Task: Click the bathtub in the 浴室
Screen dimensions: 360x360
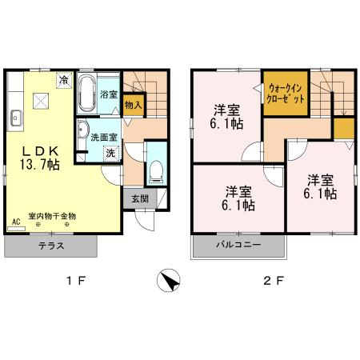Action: (x=87, y=93)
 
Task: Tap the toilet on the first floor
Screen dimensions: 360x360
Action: (x=156, y=171)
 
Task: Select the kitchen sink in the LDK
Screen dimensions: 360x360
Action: (x=16, y=118)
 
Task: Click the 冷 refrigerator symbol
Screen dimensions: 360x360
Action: (x=64, y=80)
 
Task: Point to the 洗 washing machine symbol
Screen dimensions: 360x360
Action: (x=111, y=154)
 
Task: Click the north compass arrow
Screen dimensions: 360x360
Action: (x=169, y=280)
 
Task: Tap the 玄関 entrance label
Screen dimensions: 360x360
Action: (x=140, y=198)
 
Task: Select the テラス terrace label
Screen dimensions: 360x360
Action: (x=51, y=246)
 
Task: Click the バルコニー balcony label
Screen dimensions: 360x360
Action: (x=238, y=245)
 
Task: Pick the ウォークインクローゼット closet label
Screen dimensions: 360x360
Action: (x=286, y=94)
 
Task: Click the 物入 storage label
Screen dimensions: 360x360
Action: (x=134, y=105)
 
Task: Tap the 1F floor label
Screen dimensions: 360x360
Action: (x=76, y=281)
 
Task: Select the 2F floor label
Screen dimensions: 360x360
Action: (x=274, y=281)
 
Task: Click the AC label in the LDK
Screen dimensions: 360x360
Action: (x=16, y=222)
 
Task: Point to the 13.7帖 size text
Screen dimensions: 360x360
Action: (x=40, y=165)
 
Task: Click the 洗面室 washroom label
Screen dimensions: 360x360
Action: (x=104, y=138)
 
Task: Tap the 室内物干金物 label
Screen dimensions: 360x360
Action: (x=52, y=216)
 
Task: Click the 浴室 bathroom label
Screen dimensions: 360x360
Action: (x=109, y=94)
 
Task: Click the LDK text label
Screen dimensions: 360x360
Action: (x=40, y=151)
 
